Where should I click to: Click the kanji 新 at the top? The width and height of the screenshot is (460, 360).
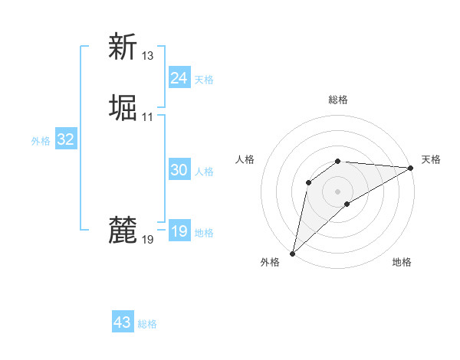pyautogui.click(x=123, y=47)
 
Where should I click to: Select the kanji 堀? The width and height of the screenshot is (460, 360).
pyautogui.click(x=123, y=108)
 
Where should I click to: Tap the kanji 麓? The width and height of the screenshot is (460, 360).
pyautogui.click(x=123, y=231)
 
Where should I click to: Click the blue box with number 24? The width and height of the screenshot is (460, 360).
pyautogui.click(x=179, y=78)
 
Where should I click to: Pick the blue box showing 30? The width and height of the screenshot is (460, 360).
pyautogui.click(x=179, y=170)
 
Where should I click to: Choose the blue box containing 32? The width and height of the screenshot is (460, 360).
pyautogui.click(x=65, y=139)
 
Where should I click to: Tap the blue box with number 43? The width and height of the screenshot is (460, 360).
pyautogui.click(x=122, y=322)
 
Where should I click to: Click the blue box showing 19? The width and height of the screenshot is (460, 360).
pyautogui.click(x=179, y=231)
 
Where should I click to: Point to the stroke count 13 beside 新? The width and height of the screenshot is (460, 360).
pyautogui.click(x=148, y=56)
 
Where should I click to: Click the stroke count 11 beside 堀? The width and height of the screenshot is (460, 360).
pyautogui.click(x=148, y=117)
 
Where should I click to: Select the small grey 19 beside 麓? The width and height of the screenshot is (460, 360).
pyautogui.click(x=148, y=240)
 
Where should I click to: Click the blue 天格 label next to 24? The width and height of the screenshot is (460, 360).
pyautogui.click(x=204, y=80)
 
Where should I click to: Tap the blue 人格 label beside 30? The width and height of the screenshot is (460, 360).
pyautogui.click(x=204, y=172)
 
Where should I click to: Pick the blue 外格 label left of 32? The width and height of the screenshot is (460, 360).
pyautogui.click(x=41, y=141)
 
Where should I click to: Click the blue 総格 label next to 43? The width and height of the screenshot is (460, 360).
pyautogui.click(x=147, y=324)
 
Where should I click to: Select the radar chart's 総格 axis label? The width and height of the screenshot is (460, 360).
pyautogui.click(x=338, y=100)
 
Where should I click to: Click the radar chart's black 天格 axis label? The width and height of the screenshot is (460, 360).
pyautogui.click(x=431, y=159)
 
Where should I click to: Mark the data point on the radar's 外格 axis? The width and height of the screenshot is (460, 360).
pyautogui.click(x=292, y=254)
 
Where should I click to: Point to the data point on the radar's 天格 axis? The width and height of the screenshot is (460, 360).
pyautogui.click(x=411, y=168)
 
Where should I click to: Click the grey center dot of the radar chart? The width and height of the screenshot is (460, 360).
pyautogui.click(x=338, y=191)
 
